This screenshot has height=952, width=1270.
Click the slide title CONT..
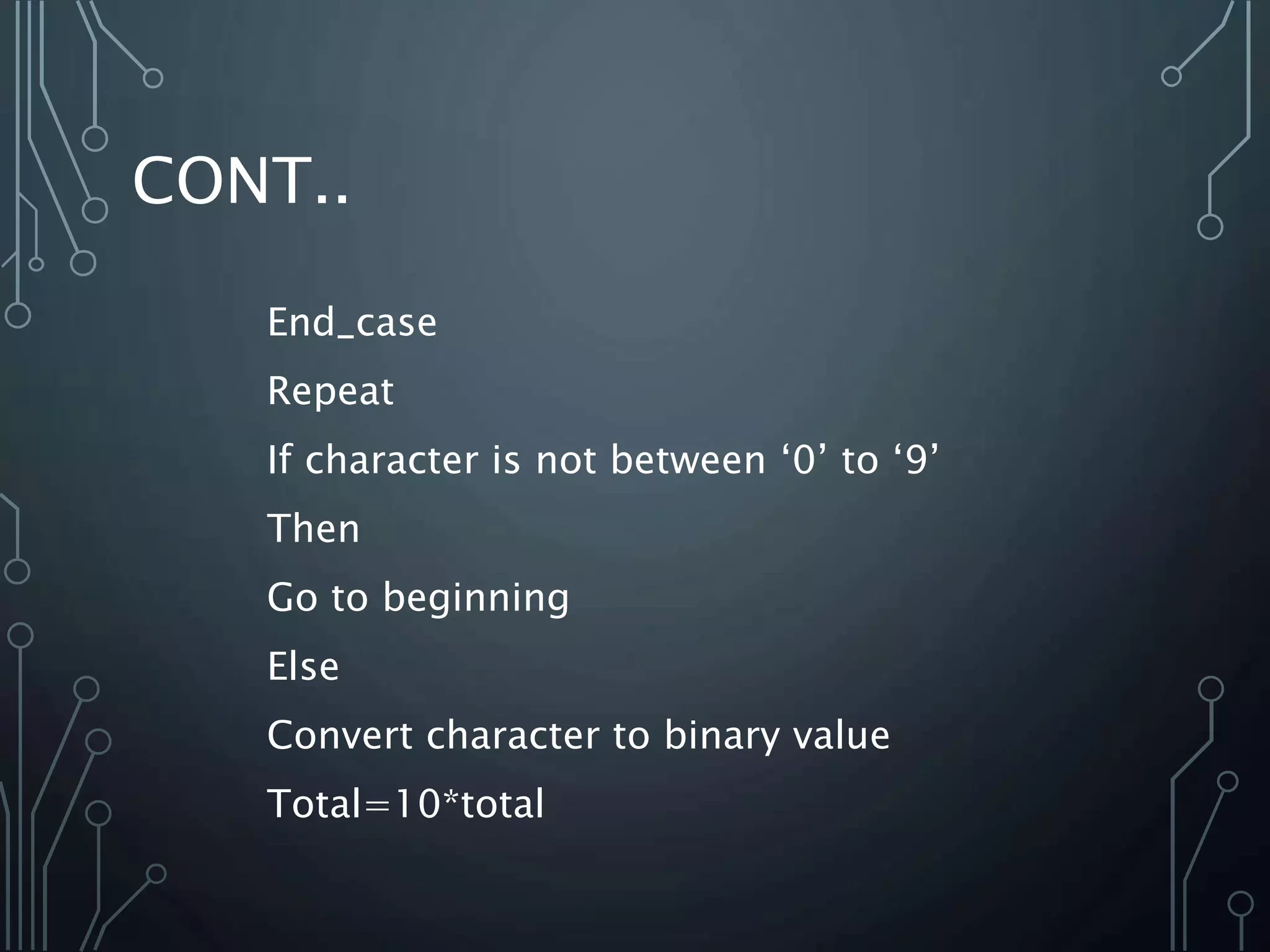click(x=240, y=181)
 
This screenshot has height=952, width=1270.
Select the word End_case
click(x=352, y=323)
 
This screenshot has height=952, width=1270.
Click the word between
click(x=688, y=460)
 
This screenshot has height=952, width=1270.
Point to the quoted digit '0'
click(x=803, y=460)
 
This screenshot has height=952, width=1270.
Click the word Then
click(x=313, y=529)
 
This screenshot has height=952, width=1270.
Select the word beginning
click(x=476, y=599)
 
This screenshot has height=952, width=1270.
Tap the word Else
click(x=303, y=667)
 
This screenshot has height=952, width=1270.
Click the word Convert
click(x=339, y=736)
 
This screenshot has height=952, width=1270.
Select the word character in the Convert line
click(x=512, y=736)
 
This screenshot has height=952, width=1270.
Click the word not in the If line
click(x=564, y=460)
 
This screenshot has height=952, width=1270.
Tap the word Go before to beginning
click(x=292, y=597)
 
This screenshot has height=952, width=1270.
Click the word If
click(x=278, y=460)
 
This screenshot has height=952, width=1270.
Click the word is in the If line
click(x=506, y=460)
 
